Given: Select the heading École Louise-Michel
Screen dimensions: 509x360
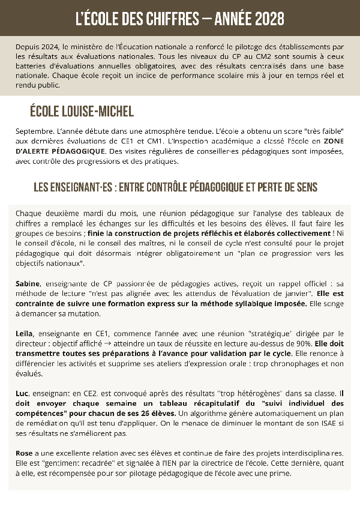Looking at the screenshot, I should pos(82,112).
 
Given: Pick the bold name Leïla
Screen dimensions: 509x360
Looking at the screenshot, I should pos(25,333).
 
